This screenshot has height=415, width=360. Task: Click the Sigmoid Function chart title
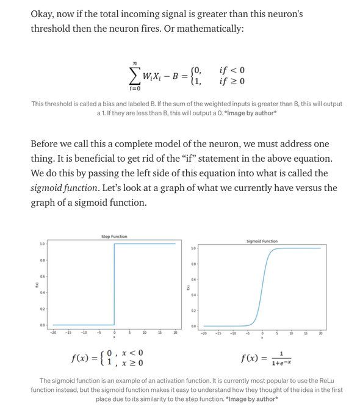pos(262,241)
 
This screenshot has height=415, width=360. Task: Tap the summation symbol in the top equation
pos(134,75)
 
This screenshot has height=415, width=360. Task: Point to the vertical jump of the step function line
pos(114,284)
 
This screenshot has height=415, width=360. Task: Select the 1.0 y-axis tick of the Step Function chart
pos(41,244)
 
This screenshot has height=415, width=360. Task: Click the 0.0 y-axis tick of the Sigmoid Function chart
pos(193,326)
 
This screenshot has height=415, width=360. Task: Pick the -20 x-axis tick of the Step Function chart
pos(53,333)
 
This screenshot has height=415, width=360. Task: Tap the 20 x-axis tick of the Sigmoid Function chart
pos(320,333)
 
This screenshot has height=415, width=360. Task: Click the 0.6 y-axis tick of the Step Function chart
pos(41,276)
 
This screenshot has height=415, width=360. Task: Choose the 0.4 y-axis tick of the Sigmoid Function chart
pos(193,295)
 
